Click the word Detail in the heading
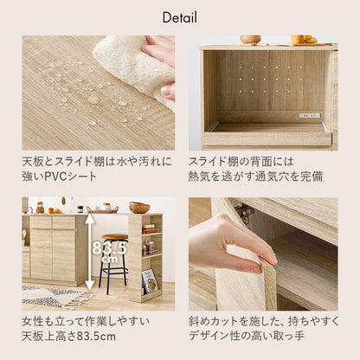pyautogui.click(x=179, y=17)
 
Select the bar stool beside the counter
pyautogui.click(x=115, y=260)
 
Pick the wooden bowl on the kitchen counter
pyautogui.click(x=139, y=208)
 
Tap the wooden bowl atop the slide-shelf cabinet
pyautogui.click(x=250, y=39)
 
